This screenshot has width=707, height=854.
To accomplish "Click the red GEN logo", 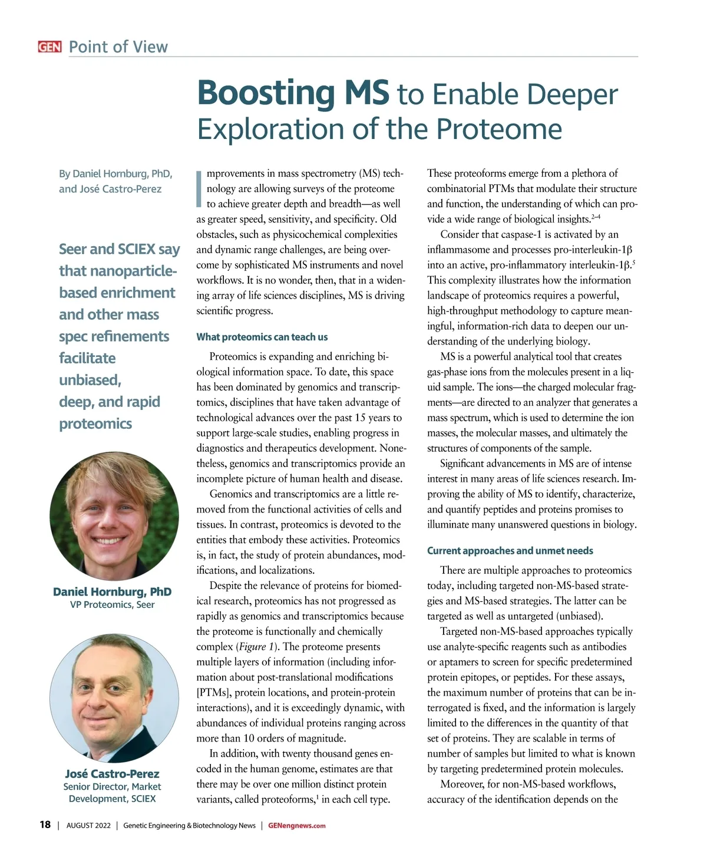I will pos(49,47).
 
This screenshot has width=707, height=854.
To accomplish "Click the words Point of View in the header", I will pos(118,47).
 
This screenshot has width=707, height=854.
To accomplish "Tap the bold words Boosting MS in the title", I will pos(293,93).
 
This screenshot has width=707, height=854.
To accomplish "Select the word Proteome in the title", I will pos(499,129).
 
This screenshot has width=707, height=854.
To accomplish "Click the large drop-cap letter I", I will pos(199,188).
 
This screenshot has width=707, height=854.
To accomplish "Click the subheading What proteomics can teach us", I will pos(262,337).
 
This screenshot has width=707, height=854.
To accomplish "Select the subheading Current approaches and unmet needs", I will pos(510,551).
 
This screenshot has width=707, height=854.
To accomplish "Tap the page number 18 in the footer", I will pos(45,825).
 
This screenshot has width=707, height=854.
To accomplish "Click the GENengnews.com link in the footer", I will pos(296,826).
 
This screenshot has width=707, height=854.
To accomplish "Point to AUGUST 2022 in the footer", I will pos(88,826).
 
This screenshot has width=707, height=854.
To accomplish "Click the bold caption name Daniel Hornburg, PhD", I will pos(112,592).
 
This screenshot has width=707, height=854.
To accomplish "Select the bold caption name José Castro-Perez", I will pos(112,774).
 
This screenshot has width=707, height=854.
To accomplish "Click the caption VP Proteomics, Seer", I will pos(112,605).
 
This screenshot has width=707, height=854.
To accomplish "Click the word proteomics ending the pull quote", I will pos(95,424).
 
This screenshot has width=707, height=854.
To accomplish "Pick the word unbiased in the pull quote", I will pos(90,380).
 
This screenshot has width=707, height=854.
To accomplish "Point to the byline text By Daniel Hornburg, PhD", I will pos(115,174).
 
